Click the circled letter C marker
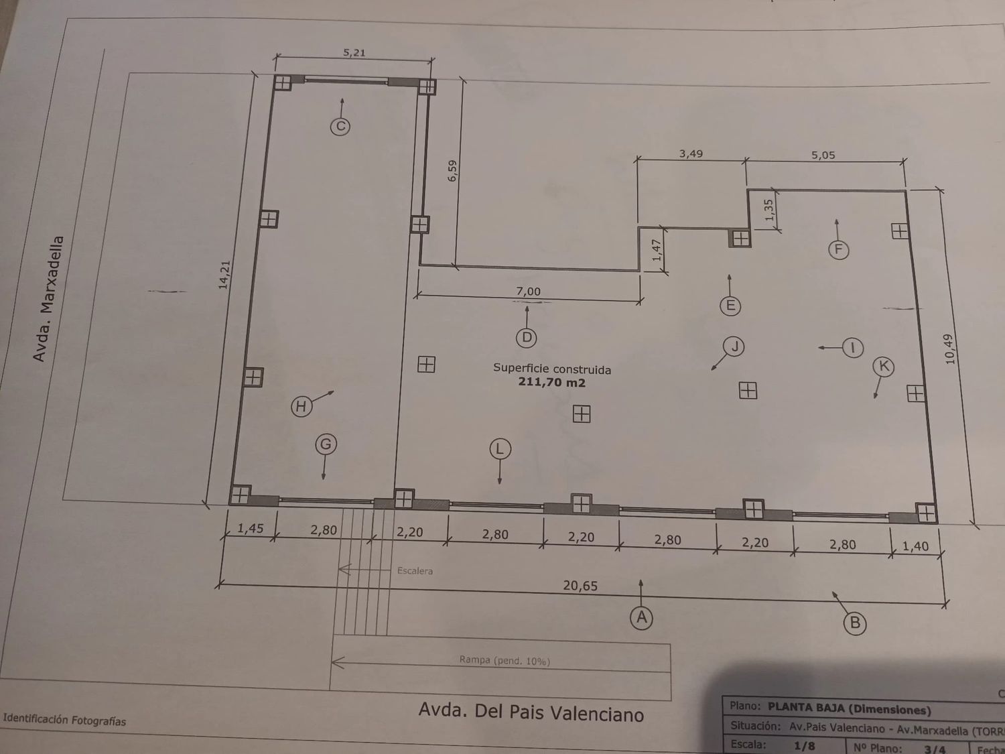tap(340, 126)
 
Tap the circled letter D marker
tap(527, 337)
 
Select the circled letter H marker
tap(301, 406)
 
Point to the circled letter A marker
tap(641, 617)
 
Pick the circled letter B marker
tap(854, 623)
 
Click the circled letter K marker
tap(884, 366)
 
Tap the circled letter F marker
tap(838, 250)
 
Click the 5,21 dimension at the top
tap(354, 53)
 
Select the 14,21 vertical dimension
tap(224, 275)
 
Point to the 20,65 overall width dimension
tap(580, 586)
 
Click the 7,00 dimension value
tap(528, 292)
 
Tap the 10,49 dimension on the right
tap(949, 349)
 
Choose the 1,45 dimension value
tap(251, 529)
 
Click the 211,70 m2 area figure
tap(551, 383)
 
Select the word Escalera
tap(415, 571)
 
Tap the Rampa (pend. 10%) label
tap(505, 660)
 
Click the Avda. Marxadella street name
tap(49, 299)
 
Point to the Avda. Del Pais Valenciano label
tap(531, 712)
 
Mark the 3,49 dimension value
tap(691, 154)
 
